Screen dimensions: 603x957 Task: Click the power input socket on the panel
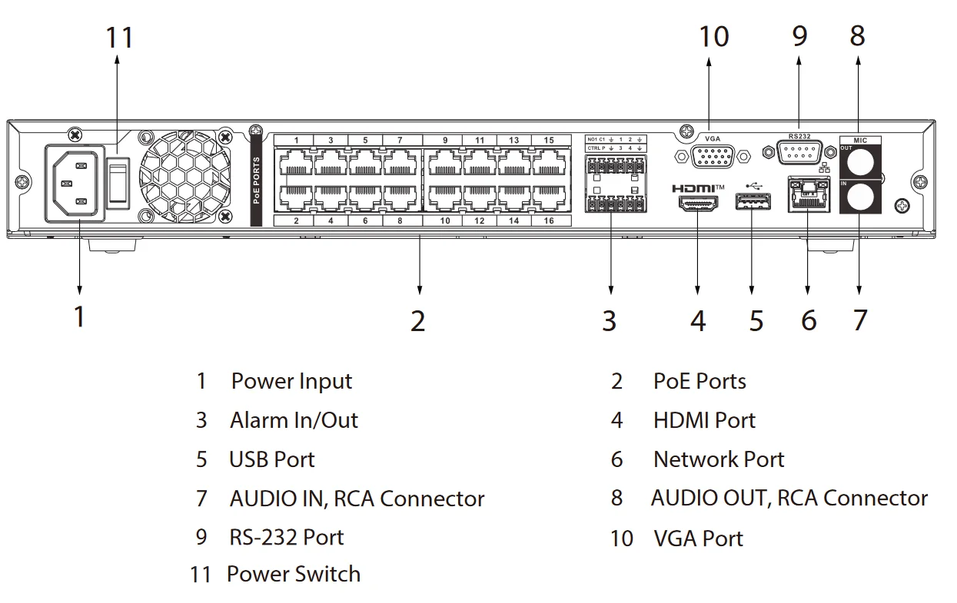[x=75, y=184]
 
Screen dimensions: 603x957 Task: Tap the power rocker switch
[x=117, y=183]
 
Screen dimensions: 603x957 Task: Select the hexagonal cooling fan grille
[x=184, y=176]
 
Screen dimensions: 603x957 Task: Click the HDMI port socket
[x=697, y=203]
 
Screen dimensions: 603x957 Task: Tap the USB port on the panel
[x=753, y=203]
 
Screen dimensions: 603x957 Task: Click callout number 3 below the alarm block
[x=609, y=320]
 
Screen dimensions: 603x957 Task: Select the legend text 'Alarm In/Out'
[x=294, y=420]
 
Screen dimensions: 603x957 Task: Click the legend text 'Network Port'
[x=718, y=459]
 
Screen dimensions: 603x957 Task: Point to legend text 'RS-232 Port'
[x=286, y=537]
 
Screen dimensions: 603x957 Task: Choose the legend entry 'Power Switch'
[x=293, y=574]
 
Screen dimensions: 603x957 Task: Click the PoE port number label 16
[x=548, y=220]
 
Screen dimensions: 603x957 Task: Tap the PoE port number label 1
[x=296, y=141]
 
